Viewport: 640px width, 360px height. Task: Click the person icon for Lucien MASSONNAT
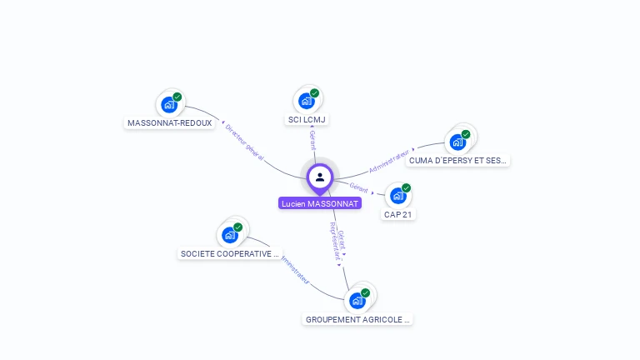tap(320, 177)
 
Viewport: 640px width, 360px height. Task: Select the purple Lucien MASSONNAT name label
tap(320, 203)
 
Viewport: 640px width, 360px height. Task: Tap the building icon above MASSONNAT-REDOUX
tap(169, 105)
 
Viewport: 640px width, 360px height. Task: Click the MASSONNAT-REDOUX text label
tap(170, 122)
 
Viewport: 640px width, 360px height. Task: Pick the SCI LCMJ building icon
tap(307, 101)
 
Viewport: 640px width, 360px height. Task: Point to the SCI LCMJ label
tap(307, 119)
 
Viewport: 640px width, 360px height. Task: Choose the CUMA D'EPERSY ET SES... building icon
tap(457, 142)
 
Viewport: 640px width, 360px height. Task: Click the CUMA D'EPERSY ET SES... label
tap(458, 160)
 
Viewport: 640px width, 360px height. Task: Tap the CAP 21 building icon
tap(398, 196)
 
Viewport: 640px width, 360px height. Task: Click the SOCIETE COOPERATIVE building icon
tap(230, 235)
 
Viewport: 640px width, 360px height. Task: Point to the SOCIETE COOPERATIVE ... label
tap(230, 253)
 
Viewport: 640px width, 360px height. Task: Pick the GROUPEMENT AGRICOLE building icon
tap(357, 301)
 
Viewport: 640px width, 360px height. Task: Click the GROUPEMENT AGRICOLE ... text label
tap(358, 319)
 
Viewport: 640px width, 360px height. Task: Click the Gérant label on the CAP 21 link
tap(359, 187)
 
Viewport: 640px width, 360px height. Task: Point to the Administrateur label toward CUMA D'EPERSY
tap(390, 161)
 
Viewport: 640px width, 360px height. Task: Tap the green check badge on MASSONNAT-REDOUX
tap(177, 97)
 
